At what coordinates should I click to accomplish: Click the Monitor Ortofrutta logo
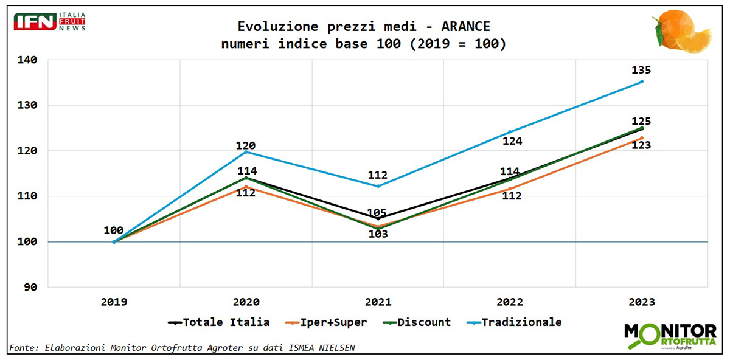[670, 336]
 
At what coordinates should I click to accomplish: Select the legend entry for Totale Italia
[218, 322]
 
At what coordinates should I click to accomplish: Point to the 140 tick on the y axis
[27, 60]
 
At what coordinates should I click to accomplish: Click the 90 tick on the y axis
[30, 287]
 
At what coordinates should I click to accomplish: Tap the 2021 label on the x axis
[378, 302]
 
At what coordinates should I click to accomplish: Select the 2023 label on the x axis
[642, 302]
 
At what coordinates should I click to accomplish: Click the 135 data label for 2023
[641, 70]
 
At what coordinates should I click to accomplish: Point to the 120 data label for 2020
[246, 146]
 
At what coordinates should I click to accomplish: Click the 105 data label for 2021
[378, 212]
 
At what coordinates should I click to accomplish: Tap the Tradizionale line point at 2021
[378, 186]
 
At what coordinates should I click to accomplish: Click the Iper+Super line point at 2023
[642, 138]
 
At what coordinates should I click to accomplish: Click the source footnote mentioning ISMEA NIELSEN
[182, 348]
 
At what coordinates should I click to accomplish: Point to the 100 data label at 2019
[114, 231]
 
